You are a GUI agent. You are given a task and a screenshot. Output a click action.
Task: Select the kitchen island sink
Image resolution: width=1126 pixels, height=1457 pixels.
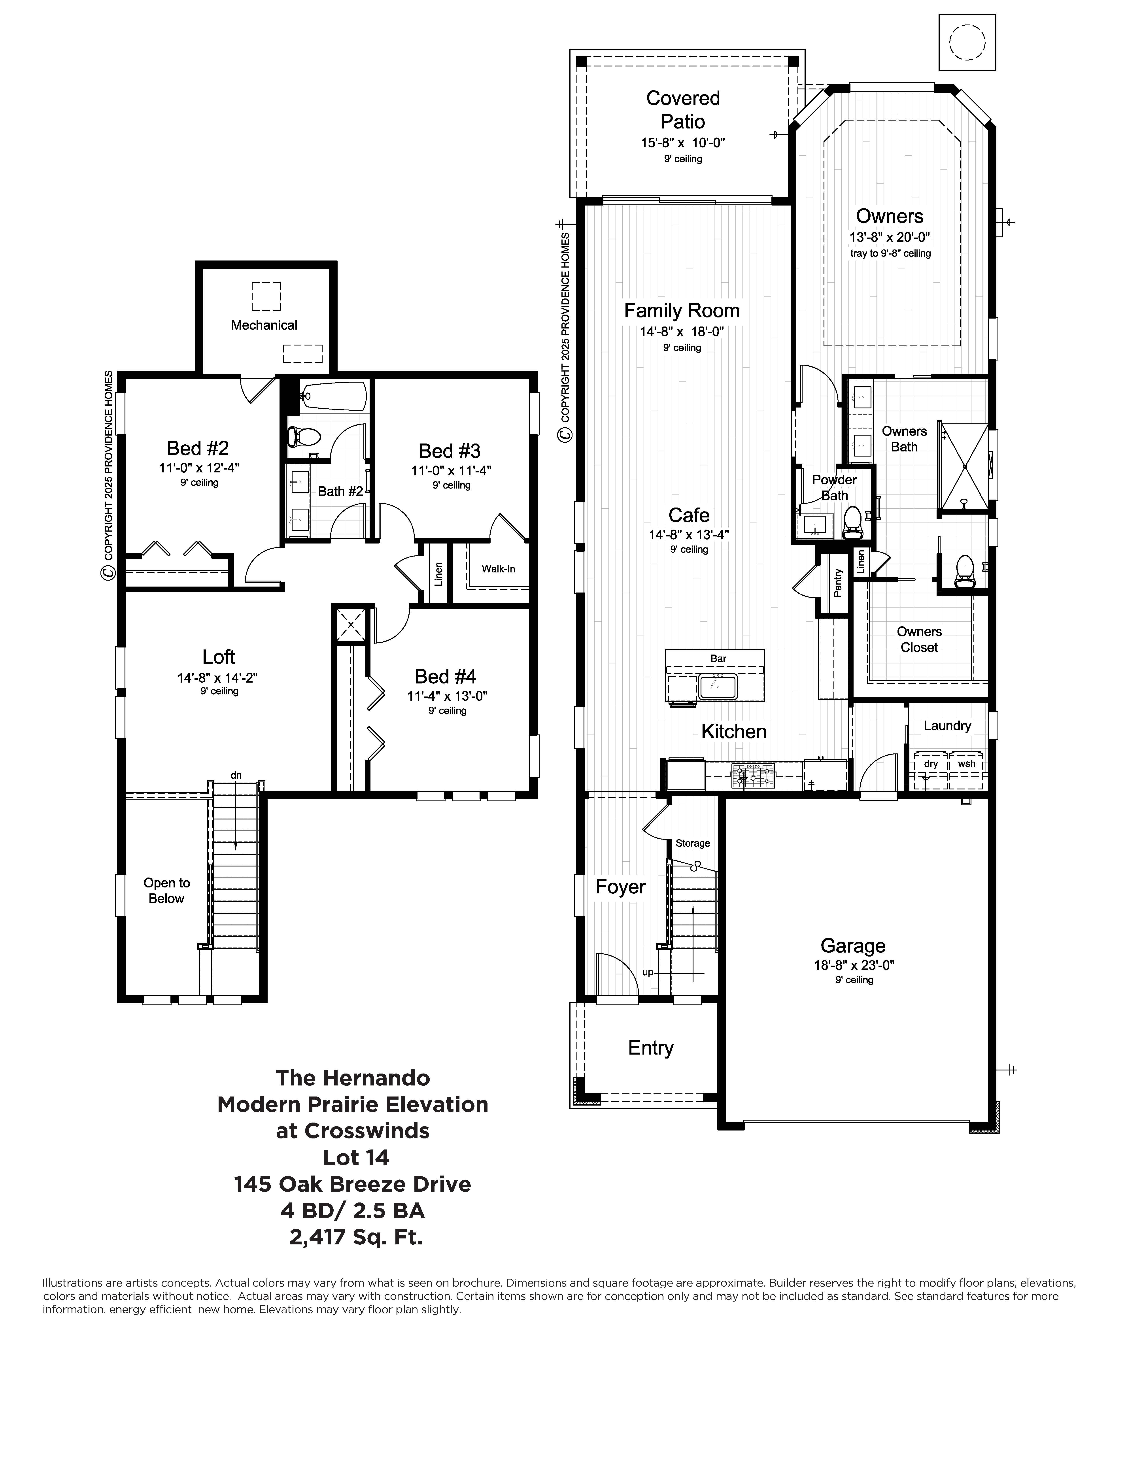coord(718,686)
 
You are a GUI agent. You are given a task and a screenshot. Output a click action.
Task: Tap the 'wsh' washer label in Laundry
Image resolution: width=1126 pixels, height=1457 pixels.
coord(967,764)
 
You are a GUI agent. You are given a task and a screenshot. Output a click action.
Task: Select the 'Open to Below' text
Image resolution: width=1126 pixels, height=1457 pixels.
coord(167,891)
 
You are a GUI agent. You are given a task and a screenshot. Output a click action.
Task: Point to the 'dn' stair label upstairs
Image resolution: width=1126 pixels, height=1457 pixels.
coord(236,775)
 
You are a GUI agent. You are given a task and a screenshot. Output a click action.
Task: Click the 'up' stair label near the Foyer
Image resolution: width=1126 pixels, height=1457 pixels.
coord(648,972)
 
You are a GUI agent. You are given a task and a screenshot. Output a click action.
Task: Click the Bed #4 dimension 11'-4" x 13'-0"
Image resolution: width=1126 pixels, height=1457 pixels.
coord(448,696)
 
